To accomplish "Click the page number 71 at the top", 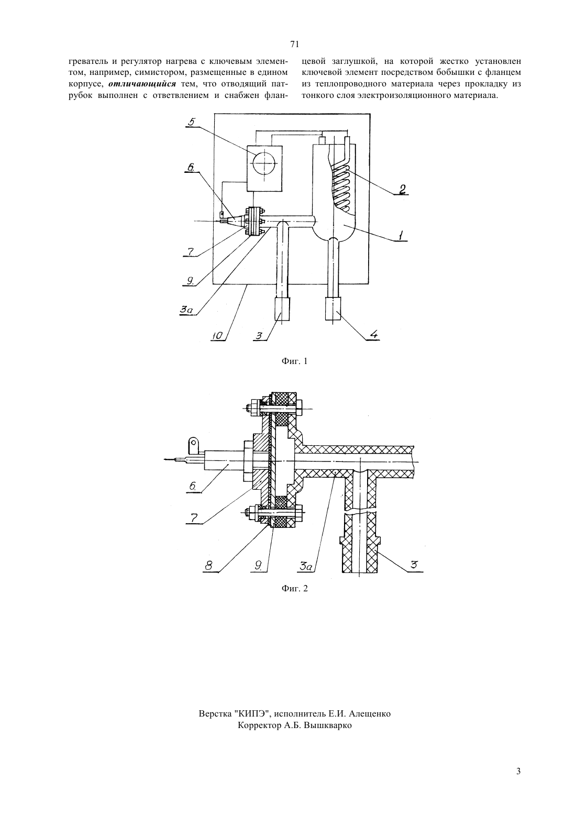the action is click(x=294, y=44).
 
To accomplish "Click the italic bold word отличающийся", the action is click(x=142, y=84).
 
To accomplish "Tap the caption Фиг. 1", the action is click(x=294, y=361).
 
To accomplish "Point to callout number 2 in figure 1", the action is click(x=402, y=189).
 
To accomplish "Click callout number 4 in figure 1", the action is click(x=374, y=334).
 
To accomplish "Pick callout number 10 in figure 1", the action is click(x=217, y=336).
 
